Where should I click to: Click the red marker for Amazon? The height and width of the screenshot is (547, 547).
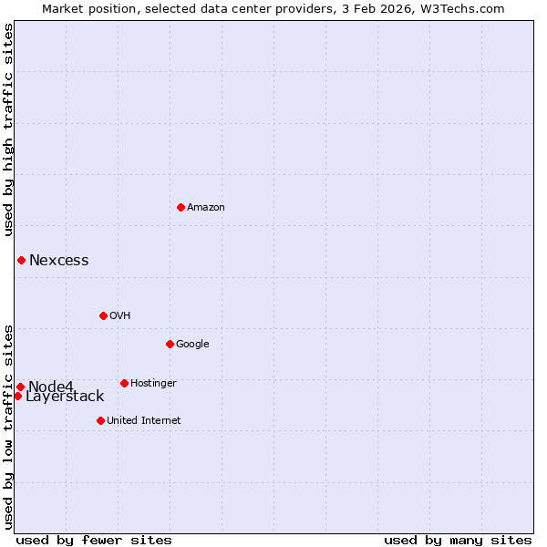point(181,207)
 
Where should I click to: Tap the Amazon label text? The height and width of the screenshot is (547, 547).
point(206,207)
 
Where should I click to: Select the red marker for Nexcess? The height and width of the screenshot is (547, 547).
point(21,261)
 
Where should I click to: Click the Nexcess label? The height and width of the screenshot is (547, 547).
point(59,261)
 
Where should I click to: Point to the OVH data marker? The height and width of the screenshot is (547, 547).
point(103,315)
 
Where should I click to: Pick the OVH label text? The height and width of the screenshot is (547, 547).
point(120,315)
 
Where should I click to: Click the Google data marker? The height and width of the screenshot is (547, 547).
point(170,344)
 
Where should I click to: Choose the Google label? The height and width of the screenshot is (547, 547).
point(192,344)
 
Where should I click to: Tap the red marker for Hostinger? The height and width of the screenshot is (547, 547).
point(124,383)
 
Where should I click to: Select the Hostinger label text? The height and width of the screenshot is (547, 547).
point(153,383)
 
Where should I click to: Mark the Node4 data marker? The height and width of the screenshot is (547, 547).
point(20,387)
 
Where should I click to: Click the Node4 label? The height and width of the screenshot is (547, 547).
point(51,387)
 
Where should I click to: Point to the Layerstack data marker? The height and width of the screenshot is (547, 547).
point(17,396)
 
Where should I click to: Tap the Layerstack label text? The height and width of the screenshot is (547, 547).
point(65,397)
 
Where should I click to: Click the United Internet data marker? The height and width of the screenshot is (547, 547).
point(100,420)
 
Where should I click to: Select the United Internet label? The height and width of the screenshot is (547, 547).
point(144,420)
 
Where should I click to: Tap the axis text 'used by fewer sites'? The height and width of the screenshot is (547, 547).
point(94,540)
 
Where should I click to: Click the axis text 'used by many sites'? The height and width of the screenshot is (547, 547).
point(458,540)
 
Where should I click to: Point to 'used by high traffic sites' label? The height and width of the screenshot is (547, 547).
point(9,129)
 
